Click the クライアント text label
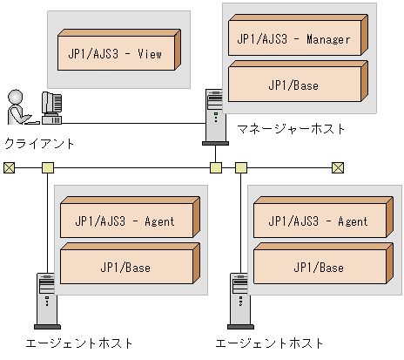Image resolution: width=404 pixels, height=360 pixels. (40, 143)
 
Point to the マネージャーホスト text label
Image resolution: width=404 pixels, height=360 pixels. (291, 129)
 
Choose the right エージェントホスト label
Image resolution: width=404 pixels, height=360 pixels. (270, 343)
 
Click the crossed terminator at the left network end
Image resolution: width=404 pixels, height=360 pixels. (9, 167)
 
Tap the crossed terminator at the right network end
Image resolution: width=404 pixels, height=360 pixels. (339, 167)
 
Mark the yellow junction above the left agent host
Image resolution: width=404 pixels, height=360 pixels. (47, 167)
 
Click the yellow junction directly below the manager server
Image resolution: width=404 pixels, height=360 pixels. (215, 167)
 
